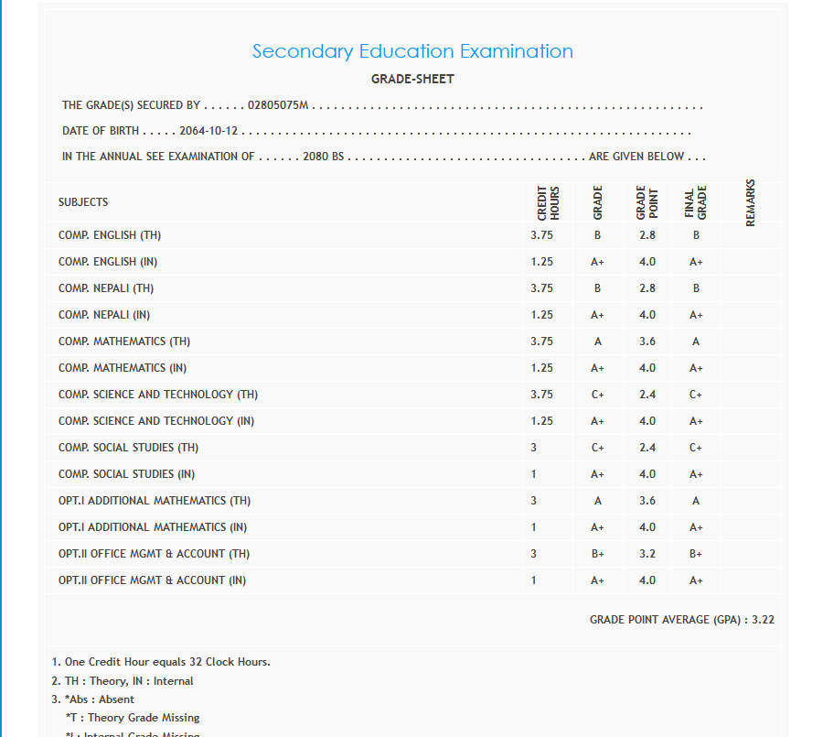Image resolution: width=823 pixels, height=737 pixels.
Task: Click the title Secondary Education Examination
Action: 412,51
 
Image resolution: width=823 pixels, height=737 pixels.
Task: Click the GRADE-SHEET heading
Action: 412,79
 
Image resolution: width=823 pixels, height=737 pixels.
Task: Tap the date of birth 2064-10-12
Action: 209,131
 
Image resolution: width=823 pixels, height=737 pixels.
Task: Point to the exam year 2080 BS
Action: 324,157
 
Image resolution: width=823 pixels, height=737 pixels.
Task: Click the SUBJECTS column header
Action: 83,202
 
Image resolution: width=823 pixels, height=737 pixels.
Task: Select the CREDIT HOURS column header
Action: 548,202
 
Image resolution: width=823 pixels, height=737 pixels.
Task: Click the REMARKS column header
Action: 751,202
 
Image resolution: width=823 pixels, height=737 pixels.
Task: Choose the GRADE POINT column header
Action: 647,202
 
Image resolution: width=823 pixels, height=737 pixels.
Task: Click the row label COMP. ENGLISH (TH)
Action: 110,235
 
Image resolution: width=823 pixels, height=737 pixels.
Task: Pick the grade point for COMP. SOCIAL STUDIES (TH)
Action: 647,448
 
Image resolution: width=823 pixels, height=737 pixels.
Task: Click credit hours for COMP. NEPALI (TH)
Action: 541,288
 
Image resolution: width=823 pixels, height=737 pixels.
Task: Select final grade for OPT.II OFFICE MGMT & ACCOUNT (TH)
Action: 696,554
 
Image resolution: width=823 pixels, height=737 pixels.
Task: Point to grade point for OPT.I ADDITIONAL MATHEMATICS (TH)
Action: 647,501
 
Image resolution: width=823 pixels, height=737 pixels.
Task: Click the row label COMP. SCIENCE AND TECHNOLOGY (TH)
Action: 158,395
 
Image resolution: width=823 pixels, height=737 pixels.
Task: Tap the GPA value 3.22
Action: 763,620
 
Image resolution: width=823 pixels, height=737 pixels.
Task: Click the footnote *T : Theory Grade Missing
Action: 133,718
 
